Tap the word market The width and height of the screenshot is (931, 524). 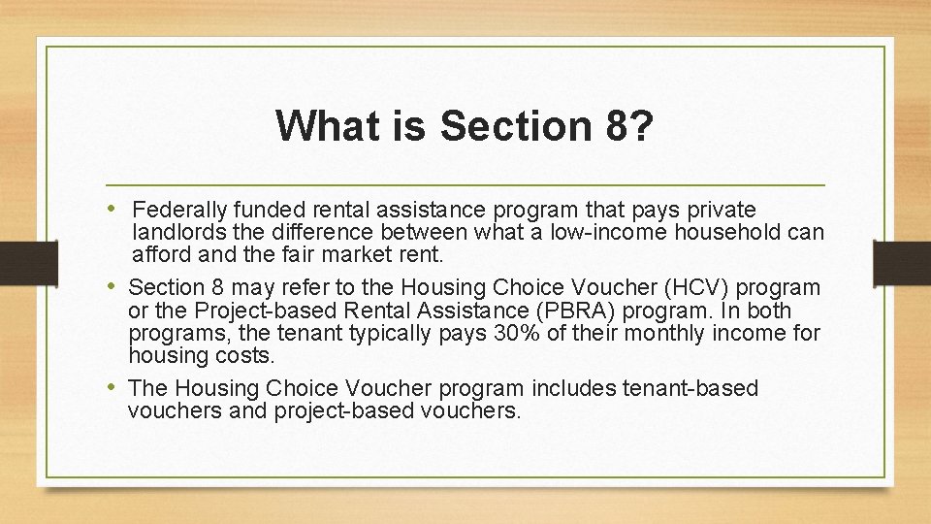363,255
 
